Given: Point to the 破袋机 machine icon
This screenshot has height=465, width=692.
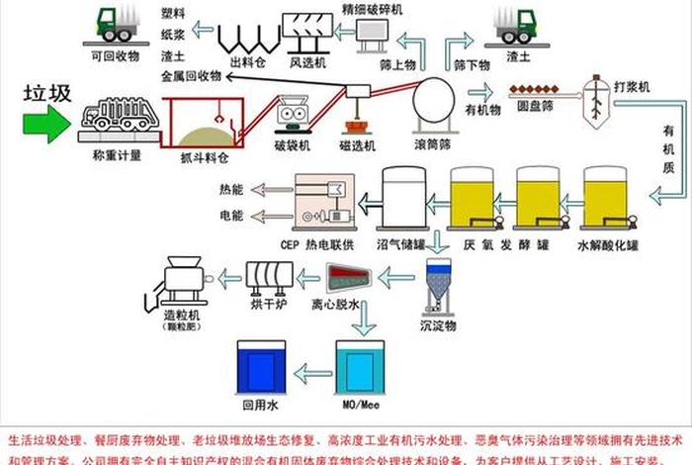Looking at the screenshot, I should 294,115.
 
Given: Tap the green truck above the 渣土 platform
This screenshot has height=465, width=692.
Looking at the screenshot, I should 514,26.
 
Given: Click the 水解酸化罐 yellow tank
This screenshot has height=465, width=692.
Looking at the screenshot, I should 604,202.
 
